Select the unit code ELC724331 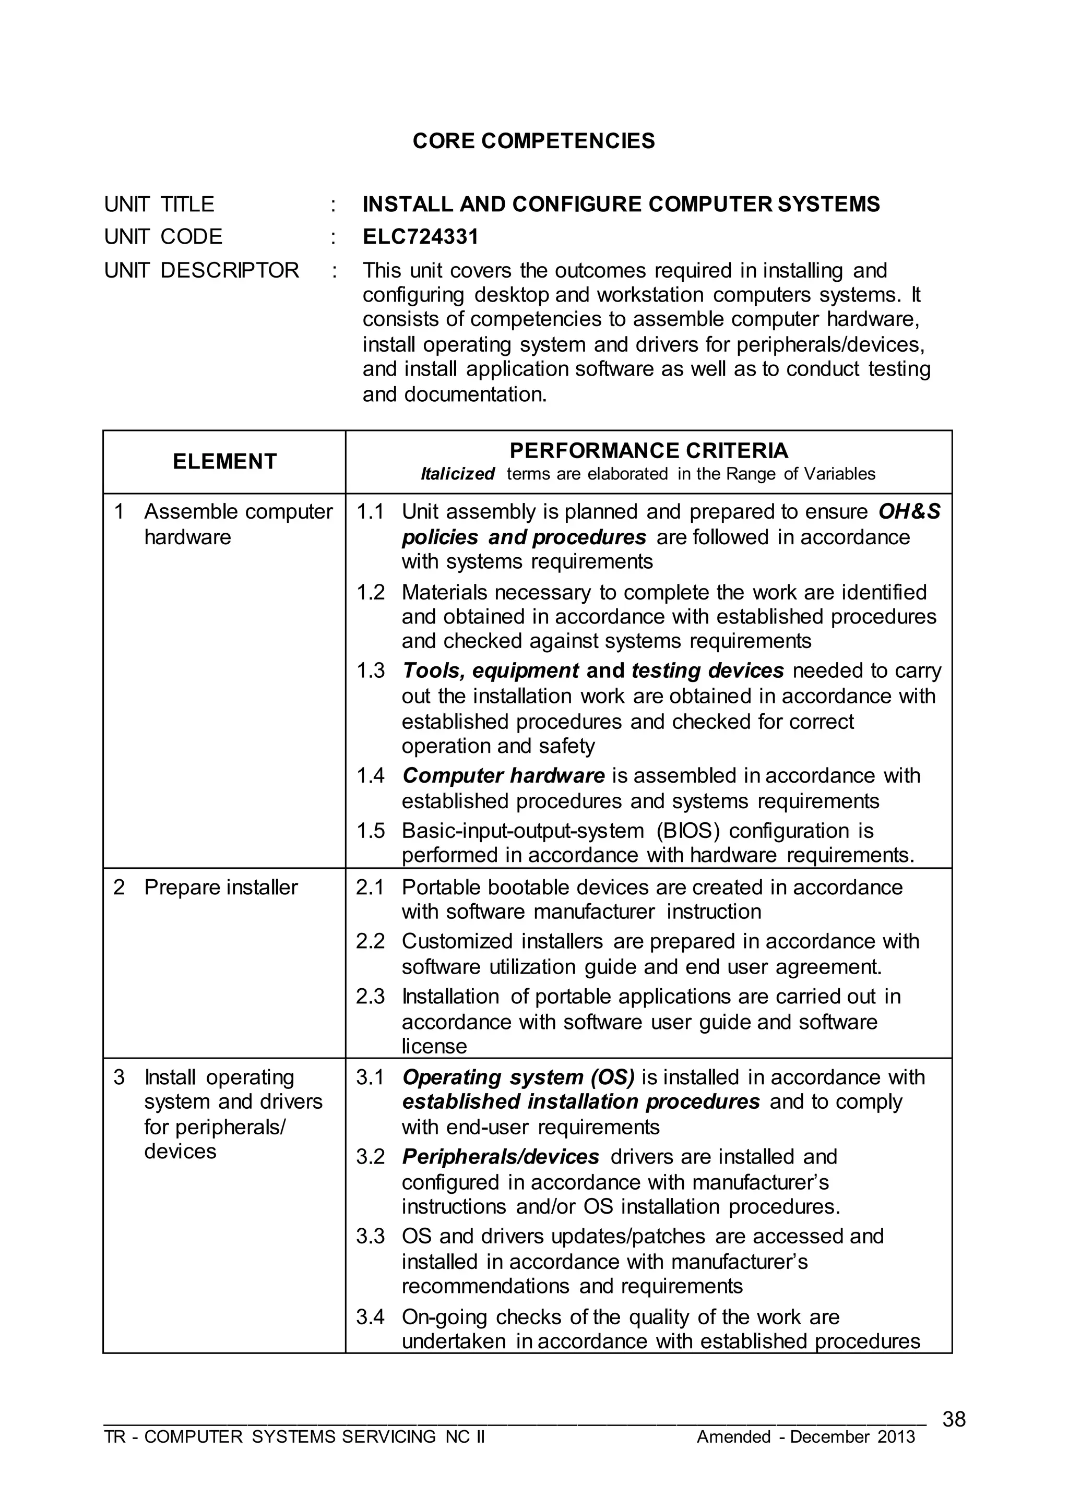click(x=420, y=236)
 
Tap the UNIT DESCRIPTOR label click(x=201, y=270)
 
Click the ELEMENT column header click(x=224, y=461)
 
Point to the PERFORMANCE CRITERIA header click(x=648, y=451)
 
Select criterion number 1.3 click(x=370, y=670)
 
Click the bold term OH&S click(x=909, y=511)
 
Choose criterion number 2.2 click(x=370, y=941)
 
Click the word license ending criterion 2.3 click(x=434, y=1046)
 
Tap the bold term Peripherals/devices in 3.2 click(x=500, y=1157)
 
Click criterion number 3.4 click(x=370, y=1317)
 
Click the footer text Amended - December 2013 click(x=806, y=1437)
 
